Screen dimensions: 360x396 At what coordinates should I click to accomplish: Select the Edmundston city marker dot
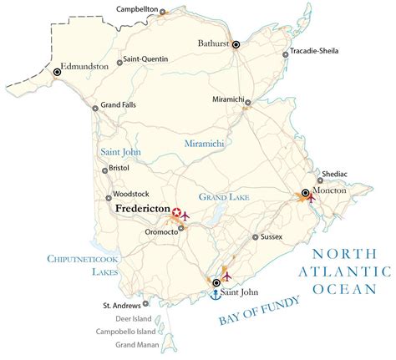(x=58, y=73)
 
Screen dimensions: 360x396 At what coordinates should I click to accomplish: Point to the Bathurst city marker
(x=236, y=44)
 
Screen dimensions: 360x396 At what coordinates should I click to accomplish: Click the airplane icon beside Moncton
(x=312, y=199)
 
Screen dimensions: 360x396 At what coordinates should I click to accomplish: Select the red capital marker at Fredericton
(x=176, y=214)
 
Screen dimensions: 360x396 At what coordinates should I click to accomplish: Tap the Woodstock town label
(x=132, y=198)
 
